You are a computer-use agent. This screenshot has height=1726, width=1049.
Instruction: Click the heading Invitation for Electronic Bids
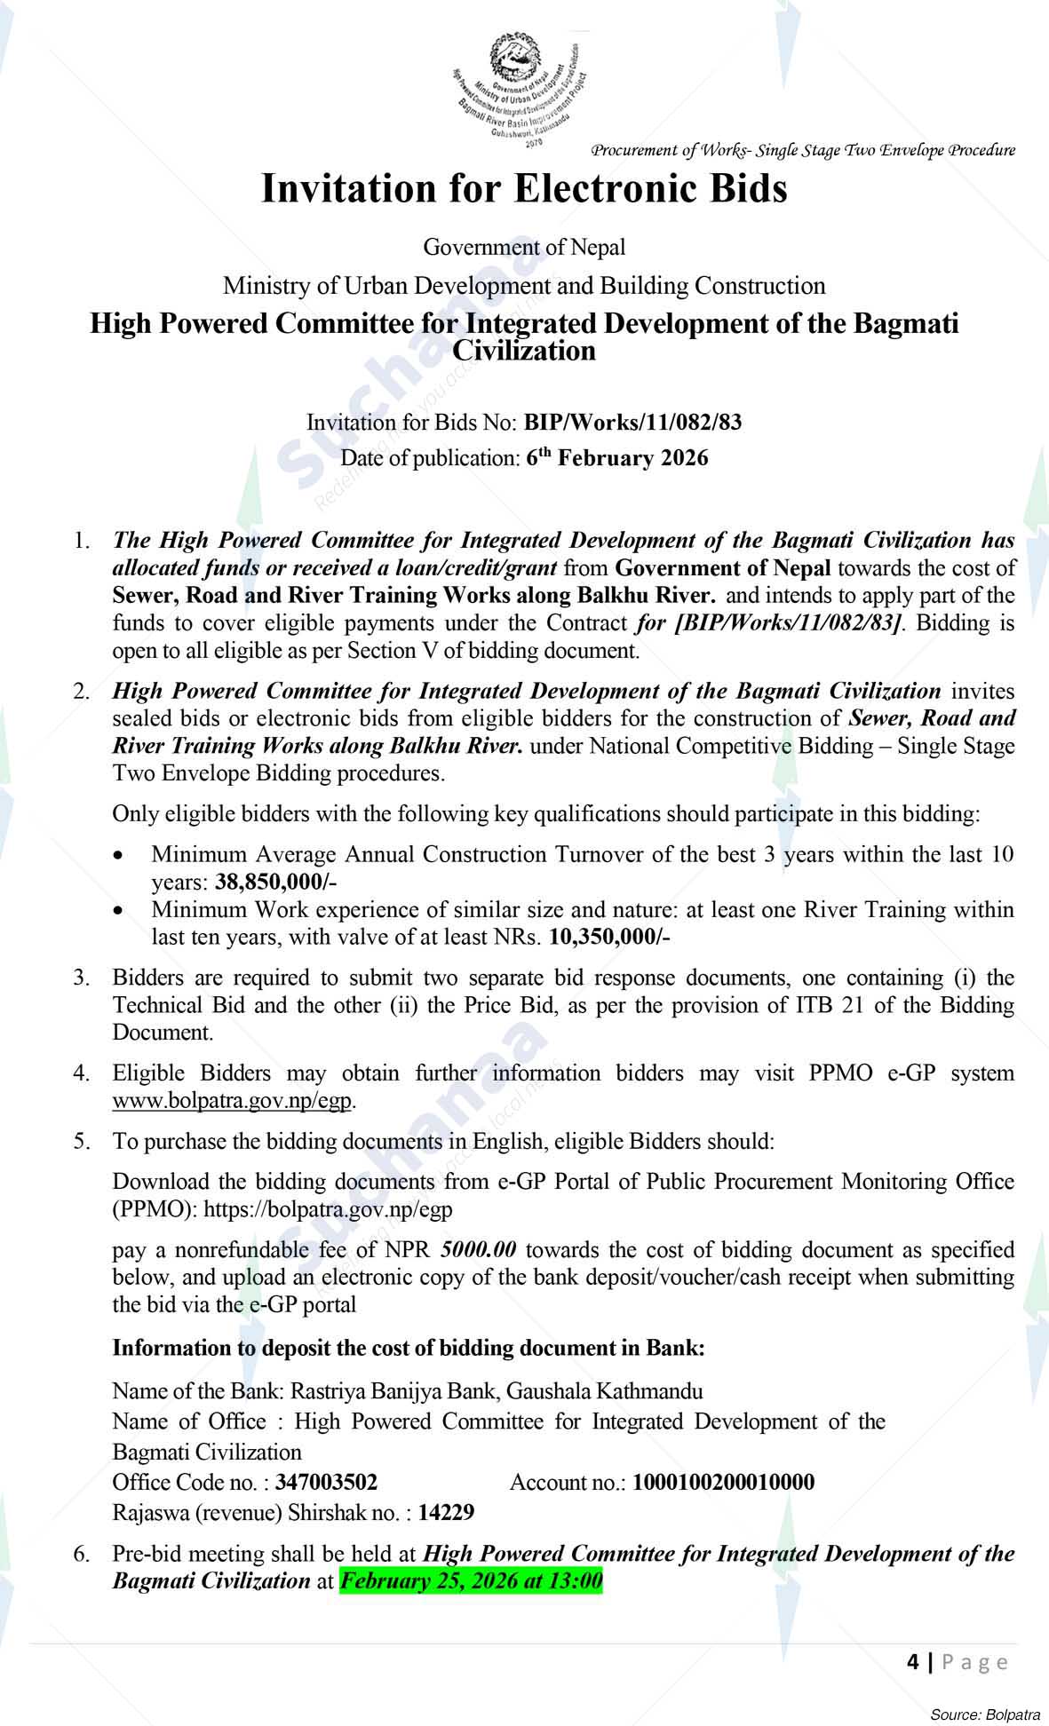point(524,189)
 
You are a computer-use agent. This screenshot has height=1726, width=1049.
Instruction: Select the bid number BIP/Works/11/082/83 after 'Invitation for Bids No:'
point(632,422)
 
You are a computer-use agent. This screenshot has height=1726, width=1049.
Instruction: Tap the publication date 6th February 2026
point(617,458)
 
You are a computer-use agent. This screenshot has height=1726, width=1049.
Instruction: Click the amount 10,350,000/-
point(610,937)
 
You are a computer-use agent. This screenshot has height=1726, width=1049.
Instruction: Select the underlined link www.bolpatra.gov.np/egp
point(233,1101)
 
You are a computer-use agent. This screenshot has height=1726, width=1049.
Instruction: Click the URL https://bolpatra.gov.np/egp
point(329,1209)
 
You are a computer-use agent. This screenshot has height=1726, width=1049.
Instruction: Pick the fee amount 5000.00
point(478,1250)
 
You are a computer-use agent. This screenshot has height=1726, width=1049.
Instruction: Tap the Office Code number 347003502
point(326,1482)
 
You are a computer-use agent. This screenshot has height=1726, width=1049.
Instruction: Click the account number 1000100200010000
point(723,1482)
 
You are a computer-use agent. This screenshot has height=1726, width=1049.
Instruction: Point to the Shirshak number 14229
point(446,1512)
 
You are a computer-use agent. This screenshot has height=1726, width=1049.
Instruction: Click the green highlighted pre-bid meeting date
point(471,1581)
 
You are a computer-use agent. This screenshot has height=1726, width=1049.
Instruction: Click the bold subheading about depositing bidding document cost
point(408,1348)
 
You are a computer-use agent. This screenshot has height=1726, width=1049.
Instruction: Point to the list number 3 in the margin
point(82,978)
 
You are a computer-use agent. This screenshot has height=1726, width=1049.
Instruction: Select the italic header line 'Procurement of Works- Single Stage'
point(803,150)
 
